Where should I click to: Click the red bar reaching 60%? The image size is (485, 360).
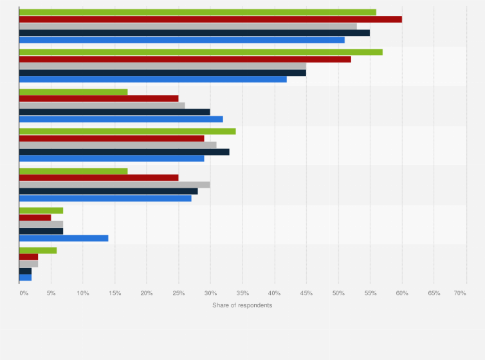tap(210, 19)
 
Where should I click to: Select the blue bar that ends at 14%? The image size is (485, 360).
tap(64, 238)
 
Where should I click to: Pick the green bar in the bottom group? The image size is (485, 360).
tap(38, 250)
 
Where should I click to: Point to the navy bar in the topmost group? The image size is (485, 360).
tap(194, 33)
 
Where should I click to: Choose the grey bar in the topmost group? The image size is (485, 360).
tap(188, 26)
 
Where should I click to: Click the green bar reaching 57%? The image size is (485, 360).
tap(201, 52)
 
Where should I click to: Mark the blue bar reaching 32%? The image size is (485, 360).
tap(121, 119)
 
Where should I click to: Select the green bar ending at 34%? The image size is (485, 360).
tap(127, 131)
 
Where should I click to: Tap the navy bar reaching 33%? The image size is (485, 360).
tap(124, 152)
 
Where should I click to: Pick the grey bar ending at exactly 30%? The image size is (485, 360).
tap(114, 184)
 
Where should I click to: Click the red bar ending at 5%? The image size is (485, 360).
tap(35, 217)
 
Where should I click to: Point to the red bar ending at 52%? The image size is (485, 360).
tap(185, 59)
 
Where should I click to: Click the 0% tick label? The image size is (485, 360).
tap(24, 293)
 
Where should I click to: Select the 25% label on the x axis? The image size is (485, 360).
tap(179, 293)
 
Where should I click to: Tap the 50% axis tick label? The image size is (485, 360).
tap(338, 293)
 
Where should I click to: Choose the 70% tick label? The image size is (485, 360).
tap(460, 293)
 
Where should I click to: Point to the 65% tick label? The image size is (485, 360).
tap(434, 293)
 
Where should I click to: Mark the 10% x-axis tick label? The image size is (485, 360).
tap(83, 293)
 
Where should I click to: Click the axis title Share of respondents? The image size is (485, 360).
tap(242, 305)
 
